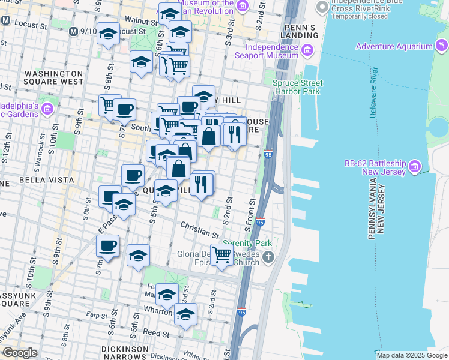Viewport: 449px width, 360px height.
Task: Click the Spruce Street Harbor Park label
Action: click(297, 88)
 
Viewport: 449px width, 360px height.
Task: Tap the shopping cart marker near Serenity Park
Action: click(221, 255)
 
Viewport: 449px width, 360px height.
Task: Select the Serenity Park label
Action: click(247, 244)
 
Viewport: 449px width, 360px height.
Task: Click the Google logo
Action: click(20, 353)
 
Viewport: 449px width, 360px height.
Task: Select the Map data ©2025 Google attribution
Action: click(411, 355)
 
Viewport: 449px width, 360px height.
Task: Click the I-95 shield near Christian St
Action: click(259, 222)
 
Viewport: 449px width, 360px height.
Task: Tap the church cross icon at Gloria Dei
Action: click(268, 258)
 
